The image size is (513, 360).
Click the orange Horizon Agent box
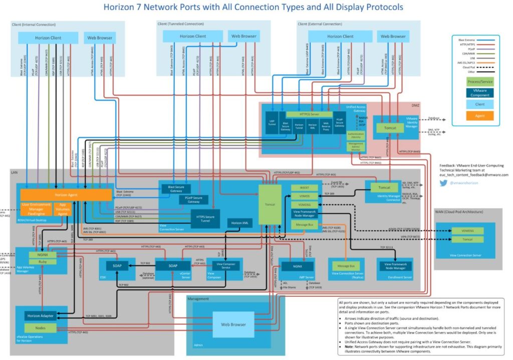(66, 195)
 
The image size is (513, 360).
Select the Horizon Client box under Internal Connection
(48, 38)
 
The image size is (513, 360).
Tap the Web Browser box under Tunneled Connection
(243, 36)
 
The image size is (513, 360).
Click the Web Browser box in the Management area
(233, 324)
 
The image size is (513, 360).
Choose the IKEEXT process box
(304, 187)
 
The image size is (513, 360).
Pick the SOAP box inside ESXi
(117, 265)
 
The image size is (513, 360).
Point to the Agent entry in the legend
(480, 116)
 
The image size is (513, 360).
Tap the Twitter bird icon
(443, 184)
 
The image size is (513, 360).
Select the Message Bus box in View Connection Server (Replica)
(346, 266)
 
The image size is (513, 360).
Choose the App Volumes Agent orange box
(62, 209)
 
